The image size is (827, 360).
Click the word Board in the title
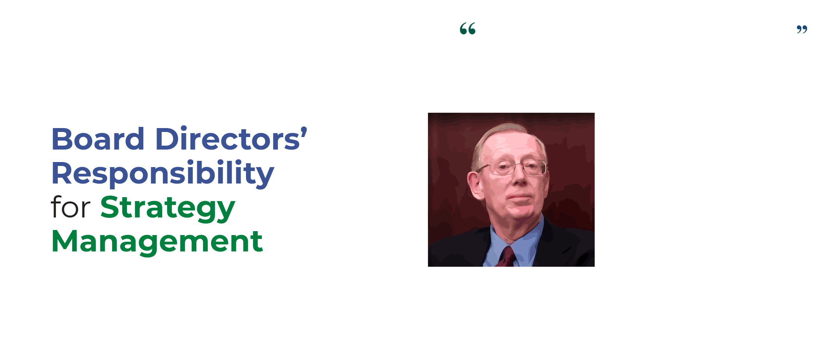tap(98, 139)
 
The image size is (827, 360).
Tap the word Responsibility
tap(163, 173)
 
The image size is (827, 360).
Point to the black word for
tap(71, 207)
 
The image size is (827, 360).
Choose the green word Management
tap(157, 241)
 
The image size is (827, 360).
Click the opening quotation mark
tap(468, 29)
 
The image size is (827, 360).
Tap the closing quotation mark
tap(802, 29)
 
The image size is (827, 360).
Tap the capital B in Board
tap(62, 139)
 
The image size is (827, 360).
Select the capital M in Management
tap(65, 241)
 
